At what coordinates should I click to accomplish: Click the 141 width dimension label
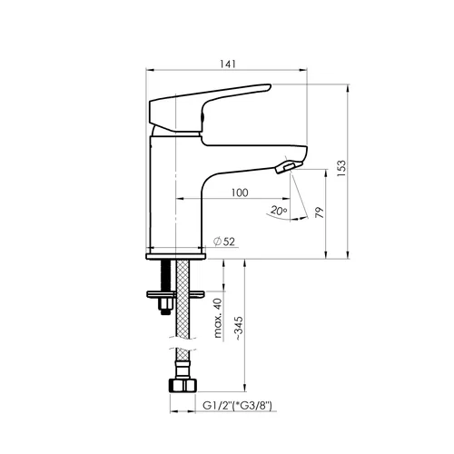tap(228, 64)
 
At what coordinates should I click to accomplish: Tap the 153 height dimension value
tap(341, 169)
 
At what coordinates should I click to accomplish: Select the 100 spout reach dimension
tap(240, 192)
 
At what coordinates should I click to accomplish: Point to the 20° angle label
tap(279, 210)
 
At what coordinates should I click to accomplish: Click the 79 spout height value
tap(320, 212)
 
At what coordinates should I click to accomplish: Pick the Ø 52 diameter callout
tap(224, 242)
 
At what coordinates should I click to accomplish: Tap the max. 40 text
tap(218, 318)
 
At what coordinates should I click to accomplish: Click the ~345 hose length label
tap(239, 328)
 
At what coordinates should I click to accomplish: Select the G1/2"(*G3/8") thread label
tap(237, 405)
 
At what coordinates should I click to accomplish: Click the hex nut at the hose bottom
tap(183, 385)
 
